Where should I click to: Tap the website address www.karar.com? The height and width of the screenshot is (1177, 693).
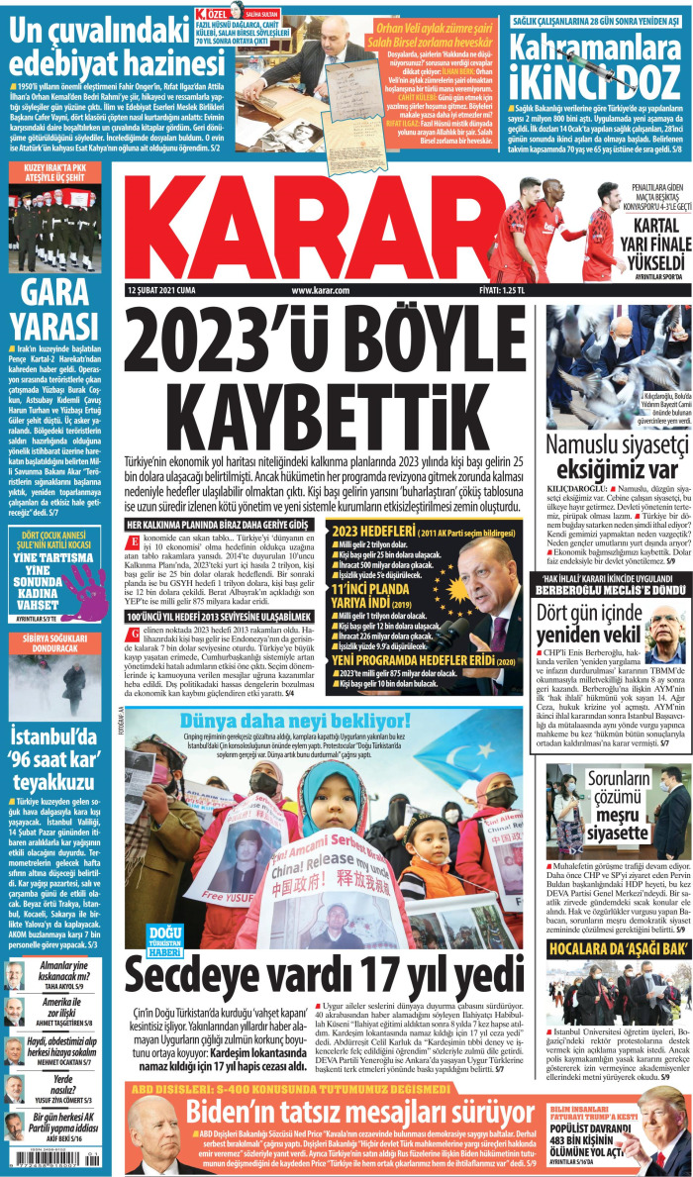322,290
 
